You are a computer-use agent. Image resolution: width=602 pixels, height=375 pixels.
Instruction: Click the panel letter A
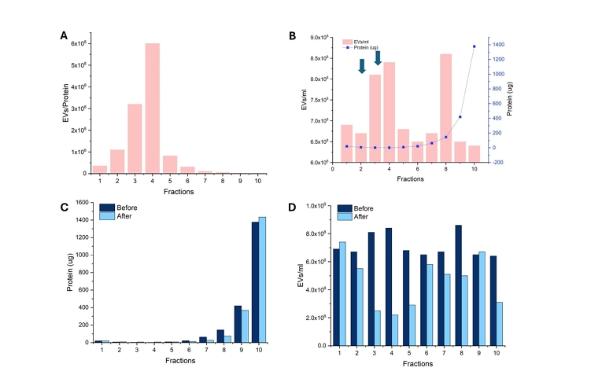click(x=64, y=35)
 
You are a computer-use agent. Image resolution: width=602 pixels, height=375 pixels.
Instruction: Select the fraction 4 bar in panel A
click(x=153, y=108)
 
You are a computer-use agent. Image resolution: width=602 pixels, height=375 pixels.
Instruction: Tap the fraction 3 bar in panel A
click(x=135, y=138)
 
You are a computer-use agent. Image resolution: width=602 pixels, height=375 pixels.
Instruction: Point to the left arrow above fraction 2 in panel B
click(x=361, y=67)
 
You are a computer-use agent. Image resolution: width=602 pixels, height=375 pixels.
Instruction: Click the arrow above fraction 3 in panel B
click(x=378, y=57)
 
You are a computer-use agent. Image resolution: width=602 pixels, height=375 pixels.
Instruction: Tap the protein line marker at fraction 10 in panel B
click(x=475, y=46)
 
